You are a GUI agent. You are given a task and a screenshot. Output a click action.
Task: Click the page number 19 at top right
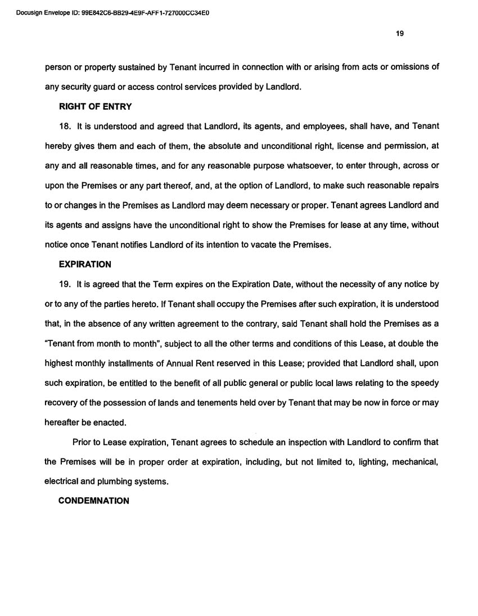(x=400, y=33)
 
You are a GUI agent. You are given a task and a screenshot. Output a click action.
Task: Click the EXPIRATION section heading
(x=85, y=264)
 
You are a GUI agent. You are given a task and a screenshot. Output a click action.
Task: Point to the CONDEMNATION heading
(x=94, y=501)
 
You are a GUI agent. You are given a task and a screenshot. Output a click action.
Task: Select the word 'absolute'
(x=213, y=146)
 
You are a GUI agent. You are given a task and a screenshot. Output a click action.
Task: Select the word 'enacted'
(x=111, y=422)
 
